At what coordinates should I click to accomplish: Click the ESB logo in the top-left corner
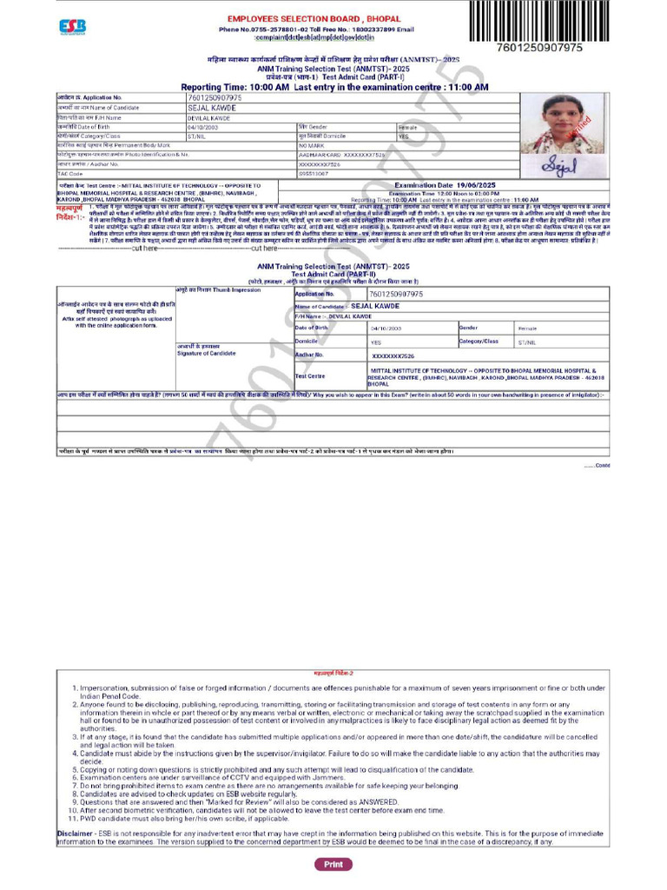pyautogui.click(x=72, y=27)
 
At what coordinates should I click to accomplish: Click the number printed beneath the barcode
pyautogui.click(x=538, y=48)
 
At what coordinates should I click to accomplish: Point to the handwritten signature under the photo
pyautogui.click(x=555, y=163)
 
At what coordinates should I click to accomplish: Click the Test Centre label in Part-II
pyautogui.click(x=310, y=375)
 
